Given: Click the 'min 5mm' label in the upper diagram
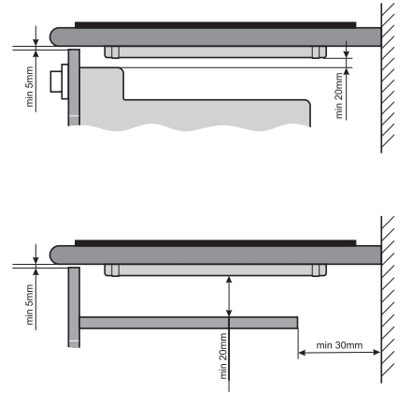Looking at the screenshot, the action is point(30,86).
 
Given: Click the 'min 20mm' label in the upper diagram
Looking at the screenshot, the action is point(339,95).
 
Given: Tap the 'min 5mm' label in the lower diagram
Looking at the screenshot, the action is point(30,304).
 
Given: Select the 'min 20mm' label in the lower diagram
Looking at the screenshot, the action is point(223,356).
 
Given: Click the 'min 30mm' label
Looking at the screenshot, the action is point(339,345).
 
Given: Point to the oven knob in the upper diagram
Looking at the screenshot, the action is point(59,81).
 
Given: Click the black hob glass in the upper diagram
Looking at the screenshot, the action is point(216,25).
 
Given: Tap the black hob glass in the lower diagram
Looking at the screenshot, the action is point(216,243).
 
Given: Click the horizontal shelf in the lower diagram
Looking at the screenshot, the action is point(189,323).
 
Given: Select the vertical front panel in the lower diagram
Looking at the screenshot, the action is point(74,307).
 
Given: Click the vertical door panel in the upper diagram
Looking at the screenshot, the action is point(74,87).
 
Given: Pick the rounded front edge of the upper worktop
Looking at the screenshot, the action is point(55,36).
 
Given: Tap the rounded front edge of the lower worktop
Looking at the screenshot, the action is point(55,255).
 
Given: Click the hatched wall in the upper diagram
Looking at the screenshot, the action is point(388,78).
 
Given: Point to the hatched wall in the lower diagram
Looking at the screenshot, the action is point(388,299).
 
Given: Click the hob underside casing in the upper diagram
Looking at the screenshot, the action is point(216,52).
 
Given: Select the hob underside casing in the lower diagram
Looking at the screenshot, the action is point(216,270).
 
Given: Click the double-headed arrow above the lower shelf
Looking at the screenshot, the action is point(229,297).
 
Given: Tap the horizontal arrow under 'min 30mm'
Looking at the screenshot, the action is point(339,353).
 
